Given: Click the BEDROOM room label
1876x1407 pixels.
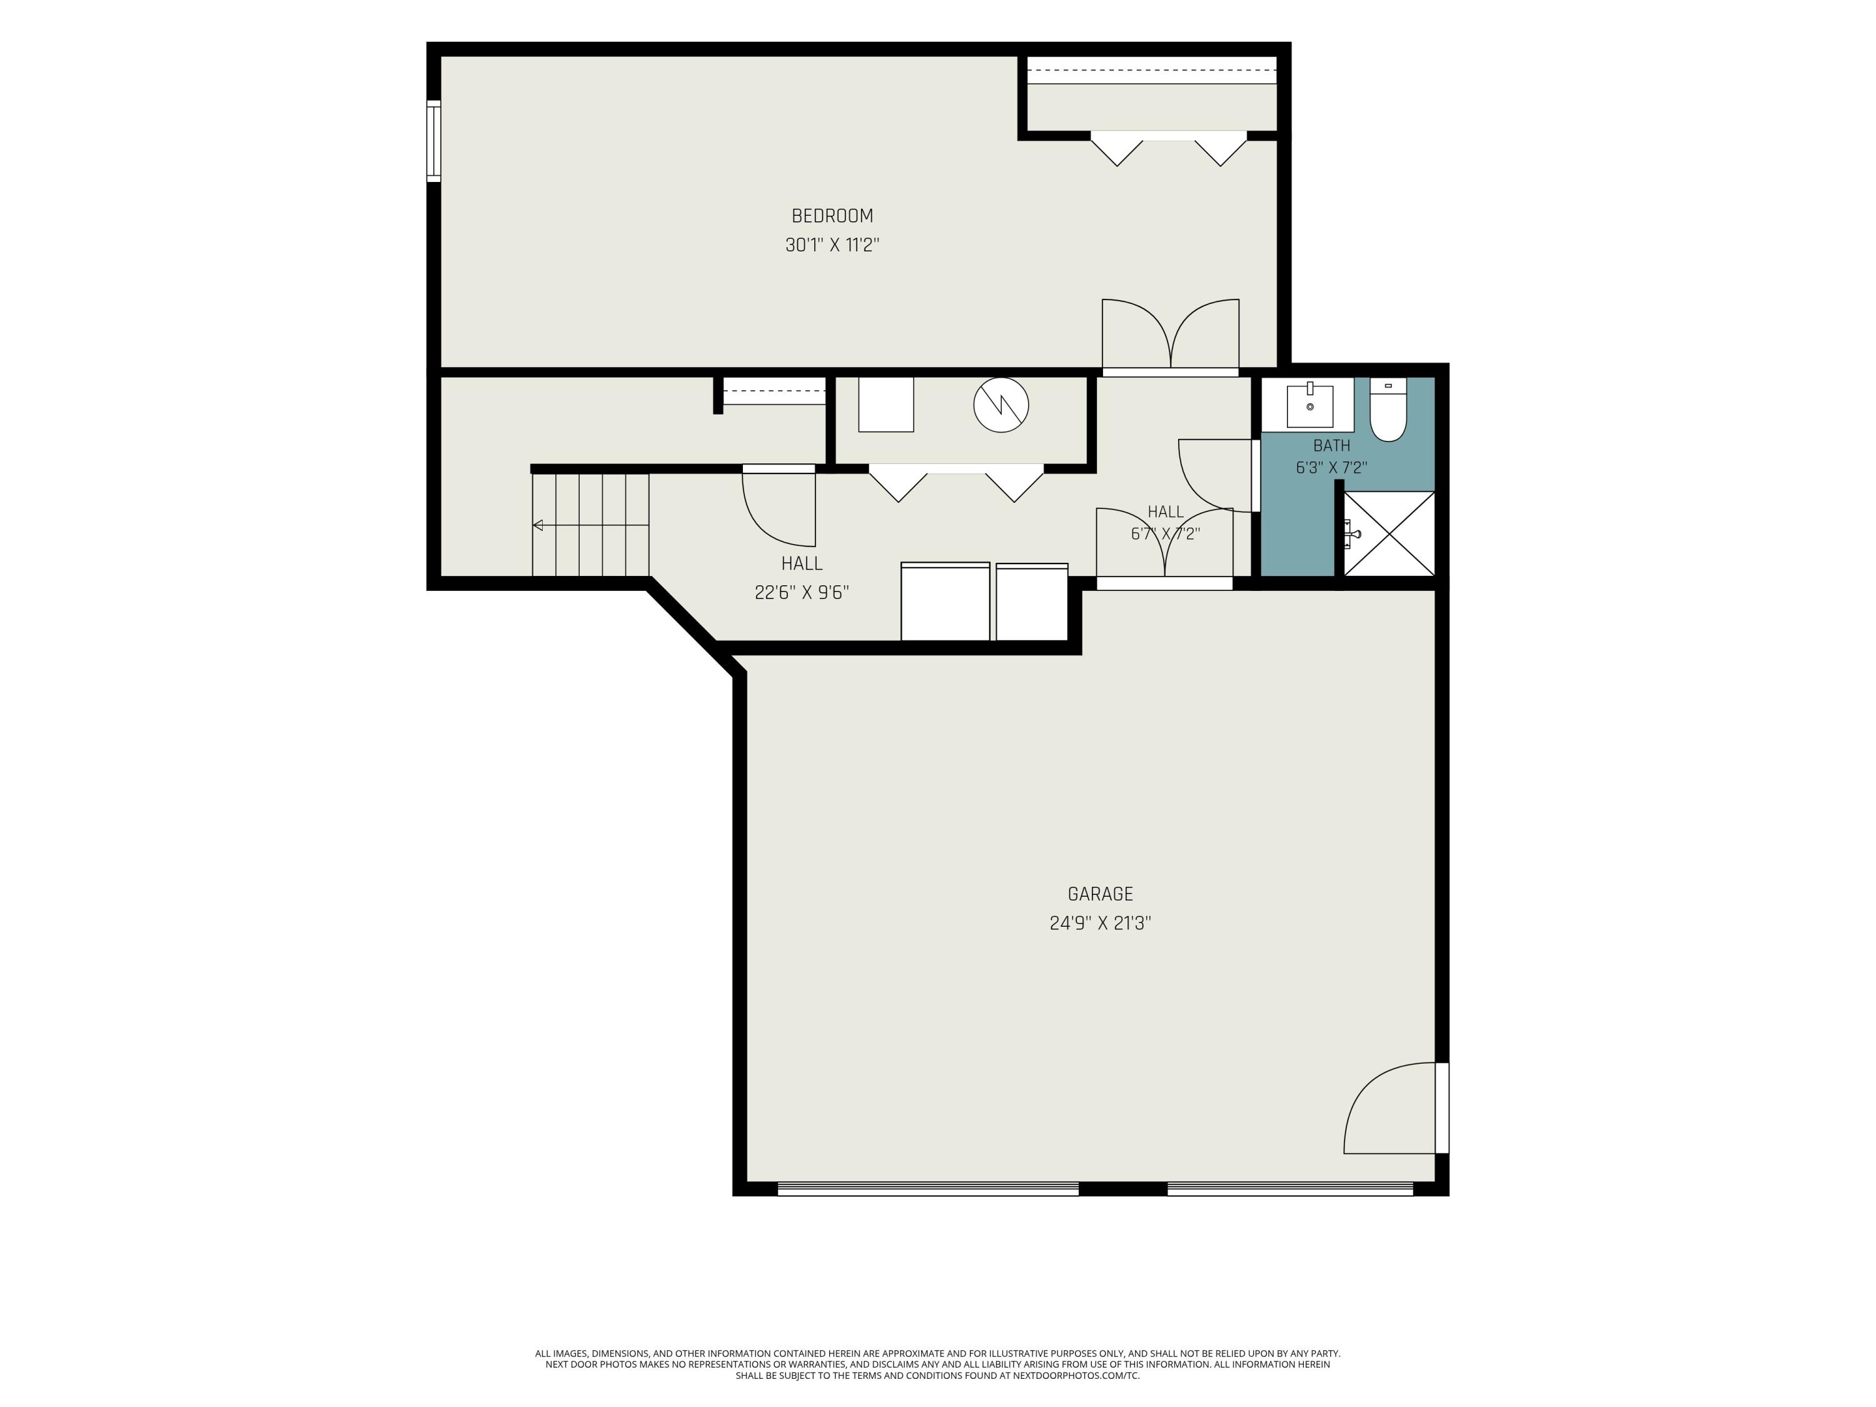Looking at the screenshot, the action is tap(832, 216).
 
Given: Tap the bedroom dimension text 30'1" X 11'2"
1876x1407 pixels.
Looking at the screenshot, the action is tap(832, 245).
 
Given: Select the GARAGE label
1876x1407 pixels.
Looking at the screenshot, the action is tap(1100, 894).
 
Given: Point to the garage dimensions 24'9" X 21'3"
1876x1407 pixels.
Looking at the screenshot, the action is tap(1100, 924).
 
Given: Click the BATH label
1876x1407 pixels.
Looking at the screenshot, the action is tap(1331, 445).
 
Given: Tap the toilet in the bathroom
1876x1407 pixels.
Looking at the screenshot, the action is tap(1388, 410).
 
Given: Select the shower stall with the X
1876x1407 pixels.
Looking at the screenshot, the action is tap(1389, 533).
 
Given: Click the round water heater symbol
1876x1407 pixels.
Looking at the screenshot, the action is tap(1001, 405).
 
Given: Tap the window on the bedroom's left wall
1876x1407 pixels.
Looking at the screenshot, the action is tap(433, 141).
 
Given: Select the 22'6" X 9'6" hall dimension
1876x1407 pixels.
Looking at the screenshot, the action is tap(802, 593).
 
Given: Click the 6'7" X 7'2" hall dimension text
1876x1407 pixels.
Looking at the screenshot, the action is tap(1165, 534).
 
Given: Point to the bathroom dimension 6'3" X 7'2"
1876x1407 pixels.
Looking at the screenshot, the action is tap(1331, 467).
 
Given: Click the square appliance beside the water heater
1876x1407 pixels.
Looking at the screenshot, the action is tap(885, 405).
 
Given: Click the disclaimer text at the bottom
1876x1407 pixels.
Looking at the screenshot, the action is tap(937, 1316).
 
